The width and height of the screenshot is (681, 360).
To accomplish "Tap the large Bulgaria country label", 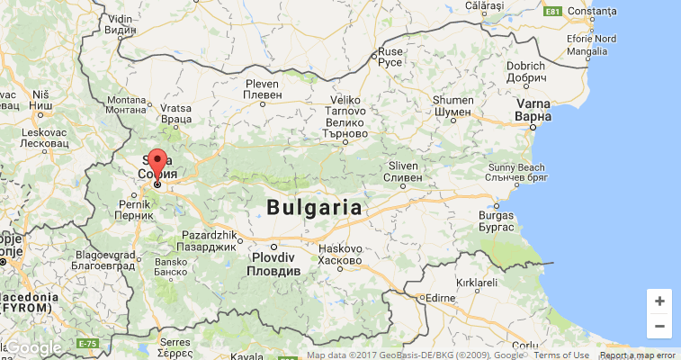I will pos(314,208).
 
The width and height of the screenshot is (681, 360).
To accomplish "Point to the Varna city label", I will pos(533,110).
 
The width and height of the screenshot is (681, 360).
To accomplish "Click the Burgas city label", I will pos(497,222).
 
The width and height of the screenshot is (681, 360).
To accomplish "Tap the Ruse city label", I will pos(390,58).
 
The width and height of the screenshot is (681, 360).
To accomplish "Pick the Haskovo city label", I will pos(339,255).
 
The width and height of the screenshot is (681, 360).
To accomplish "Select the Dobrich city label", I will pos(526,71).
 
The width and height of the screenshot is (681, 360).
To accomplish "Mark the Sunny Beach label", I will pos(516,173).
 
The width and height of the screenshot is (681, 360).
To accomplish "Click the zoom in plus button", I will pos(659,301).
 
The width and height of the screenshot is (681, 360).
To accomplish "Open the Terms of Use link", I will pos(561,355).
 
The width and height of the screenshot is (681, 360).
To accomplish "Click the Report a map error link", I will pos(638,355).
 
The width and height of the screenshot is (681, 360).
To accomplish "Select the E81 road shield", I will pos(552,12).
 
